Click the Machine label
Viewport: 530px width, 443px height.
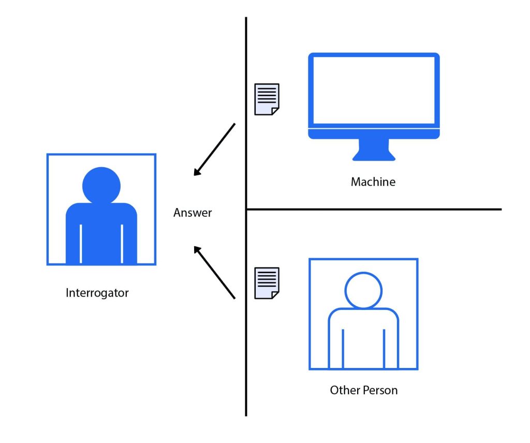coord(373,182)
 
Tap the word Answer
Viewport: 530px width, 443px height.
coord(193,213)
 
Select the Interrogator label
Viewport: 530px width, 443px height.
coord(97,293)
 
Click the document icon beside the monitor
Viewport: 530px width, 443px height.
coord(267,99)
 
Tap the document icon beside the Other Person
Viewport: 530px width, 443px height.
coord(267,283)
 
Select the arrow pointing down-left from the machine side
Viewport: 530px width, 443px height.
coord(214,150)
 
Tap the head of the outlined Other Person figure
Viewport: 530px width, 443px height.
coord(363,290)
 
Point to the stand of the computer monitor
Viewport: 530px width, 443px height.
coord(374,150)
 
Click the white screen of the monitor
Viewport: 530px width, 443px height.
coord(374,90)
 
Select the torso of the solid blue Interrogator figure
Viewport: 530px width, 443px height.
coord(101,233)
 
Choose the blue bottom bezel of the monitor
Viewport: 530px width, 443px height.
coord(374,134)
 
